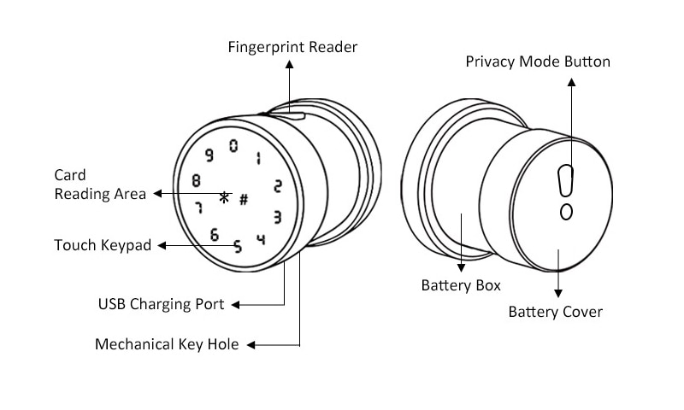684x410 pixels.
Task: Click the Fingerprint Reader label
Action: [x=292, y=47]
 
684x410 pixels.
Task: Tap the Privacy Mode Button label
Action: [x=538, y=61]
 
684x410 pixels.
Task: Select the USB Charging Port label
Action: [x=161, y=304]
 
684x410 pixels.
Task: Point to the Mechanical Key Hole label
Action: [x=167, y=344]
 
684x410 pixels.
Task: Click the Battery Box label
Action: [x=461, y=285]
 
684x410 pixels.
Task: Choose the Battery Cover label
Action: [x=555, y=312]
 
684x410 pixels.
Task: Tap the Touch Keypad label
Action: [x=103, y=245]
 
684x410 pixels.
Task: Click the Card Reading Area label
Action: [x=100, y=184]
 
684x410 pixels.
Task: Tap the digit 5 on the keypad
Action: [x=238, y=247]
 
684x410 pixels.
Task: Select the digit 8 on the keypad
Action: [x=197, y=180]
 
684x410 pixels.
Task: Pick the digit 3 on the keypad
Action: [x=277, y=217]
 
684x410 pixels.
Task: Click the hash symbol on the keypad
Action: [x=244, y=200]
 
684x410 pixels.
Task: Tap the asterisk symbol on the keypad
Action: [x=224, y=198]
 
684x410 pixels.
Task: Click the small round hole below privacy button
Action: [x=566, y=212]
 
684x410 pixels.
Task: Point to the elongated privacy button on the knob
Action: [x=565, y=180]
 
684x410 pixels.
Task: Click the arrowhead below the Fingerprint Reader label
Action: [x=289, y=64]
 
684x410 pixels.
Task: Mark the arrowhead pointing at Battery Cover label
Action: [x=558, y=293]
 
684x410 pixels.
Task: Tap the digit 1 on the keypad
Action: [x=259, y=159]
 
